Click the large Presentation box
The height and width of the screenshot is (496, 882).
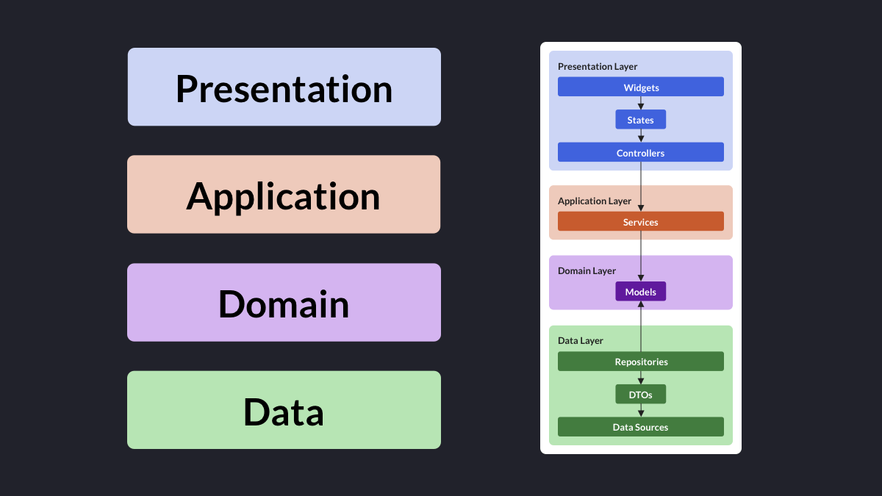point(284,87)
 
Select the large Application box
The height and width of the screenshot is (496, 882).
point(284,195)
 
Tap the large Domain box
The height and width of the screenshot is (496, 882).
point(284,302)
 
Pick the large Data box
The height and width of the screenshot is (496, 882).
point(284,410)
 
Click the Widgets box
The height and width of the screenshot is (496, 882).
point(641,87)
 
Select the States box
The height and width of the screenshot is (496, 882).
point(641,119)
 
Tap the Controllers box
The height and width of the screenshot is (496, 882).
point(641,152)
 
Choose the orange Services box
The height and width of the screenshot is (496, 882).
point(641,221)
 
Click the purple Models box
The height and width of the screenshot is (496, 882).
point(641,291)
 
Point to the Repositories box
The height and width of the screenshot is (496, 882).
point(641,362)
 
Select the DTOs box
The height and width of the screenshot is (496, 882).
point(641,394)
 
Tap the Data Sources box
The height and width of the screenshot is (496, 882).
point(641,427)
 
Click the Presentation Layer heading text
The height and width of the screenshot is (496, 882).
point(598,67)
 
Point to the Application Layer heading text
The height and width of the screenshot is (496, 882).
point(594,201)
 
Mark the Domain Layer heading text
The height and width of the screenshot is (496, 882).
point(587,271)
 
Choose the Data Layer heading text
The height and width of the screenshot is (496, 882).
point(581,341)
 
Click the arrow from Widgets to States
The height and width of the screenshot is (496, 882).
point(641,103)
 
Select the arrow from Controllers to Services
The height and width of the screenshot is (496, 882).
point(641,187)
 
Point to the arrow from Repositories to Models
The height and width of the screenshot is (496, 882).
point(641,326)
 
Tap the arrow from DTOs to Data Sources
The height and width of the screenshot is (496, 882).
point(641,410)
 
